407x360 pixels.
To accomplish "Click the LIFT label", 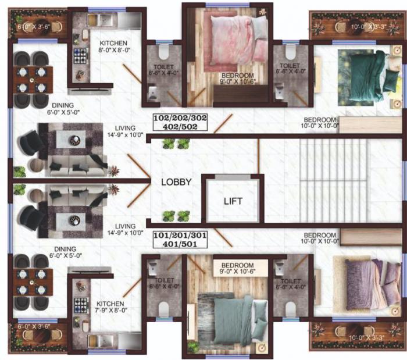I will pyautogui.click(x=233, y=202).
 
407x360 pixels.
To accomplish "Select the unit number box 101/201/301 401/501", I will pyautogui.click(x=179, y=240).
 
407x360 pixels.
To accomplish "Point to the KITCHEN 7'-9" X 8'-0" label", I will pyautogui.click(x=110, y=308).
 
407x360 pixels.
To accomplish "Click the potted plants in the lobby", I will pyautogui.click(x=169, y=215).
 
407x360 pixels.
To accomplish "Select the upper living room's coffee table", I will pyautogui.click(x=74, y=140).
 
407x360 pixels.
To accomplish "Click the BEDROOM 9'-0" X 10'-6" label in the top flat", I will pyautogui.click(x=237, y=79).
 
